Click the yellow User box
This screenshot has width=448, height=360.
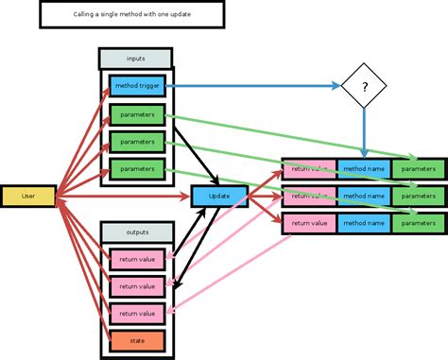click(x=28, y=196)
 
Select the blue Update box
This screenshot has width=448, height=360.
click(x=218, y=196)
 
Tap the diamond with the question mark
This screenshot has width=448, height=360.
click(x=364, y=88)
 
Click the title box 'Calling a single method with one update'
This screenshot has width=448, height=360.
click(x=131, y=15)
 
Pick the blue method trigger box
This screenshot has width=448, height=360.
click(x=137, y=87)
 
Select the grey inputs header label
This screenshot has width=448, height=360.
click(x=135, y=59)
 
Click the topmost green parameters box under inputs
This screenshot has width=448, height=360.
click(x=137, y=115)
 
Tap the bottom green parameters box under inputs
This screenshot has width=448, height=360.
click(x=137, y=169)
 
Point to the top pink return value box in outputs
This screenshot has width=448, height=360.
click(x=137, y=259)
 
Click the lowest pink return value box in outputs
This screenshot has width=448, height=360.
click(x=137, y=313)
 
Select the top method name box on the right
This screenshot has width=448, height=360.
click(x=364, y=169)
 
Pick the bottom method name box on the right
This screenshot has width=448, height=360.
click(x=364, y=223)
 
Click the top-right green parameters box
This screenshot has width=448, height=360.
click(x=418, y=169)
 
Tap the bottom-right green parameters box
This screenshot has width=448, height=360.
click(x=418, y=223)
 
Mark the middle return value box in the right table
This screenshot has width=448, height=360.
click(x=308, y=196)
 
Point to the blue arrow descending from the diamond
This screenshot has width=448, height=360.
click(x=364, y=132)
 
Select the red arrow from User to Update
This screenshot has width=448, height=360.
click(x=123, y=196)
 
